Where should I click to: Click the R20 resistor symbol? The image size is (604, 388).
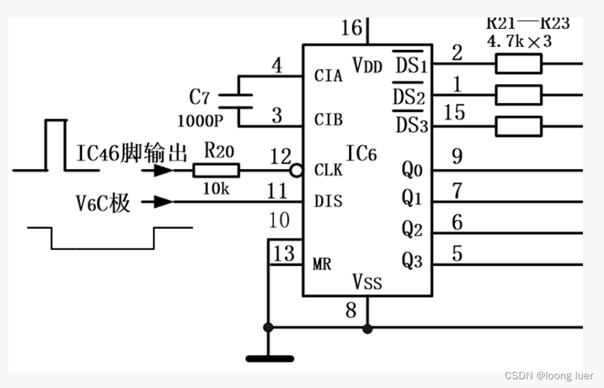216,170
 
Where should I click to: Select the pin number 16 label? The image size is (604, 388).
351,28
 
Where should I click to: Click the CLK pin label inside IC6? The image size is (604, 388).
328,170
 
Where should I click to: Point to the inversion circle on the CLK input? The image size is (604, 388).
296,170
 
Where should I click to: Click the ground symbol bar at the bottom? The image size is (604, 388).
270,359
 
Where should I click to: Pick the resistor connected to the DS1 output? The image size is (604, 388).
518,64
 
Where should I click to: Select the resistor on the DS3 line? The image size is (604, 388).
518,126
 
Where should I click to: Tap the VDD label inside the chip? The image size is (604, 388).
367,65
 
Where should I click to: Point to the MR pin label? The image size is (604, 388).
322,264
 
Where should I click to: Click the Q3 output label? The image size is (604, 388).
413,261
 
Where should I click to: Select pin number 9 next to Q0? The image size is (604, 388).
457,158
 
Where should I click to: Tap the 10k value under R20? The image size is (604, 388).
216,189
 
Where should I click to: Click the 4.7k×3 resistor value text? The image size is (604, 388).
519,41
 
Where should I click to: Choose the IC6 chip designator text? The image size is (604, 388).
361,154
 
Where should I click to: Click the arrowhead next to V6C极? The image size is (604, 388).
162,201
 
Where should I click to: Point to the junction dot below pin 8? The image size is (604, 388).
367,329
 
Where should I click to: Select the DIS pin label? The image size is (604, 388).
328,201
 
